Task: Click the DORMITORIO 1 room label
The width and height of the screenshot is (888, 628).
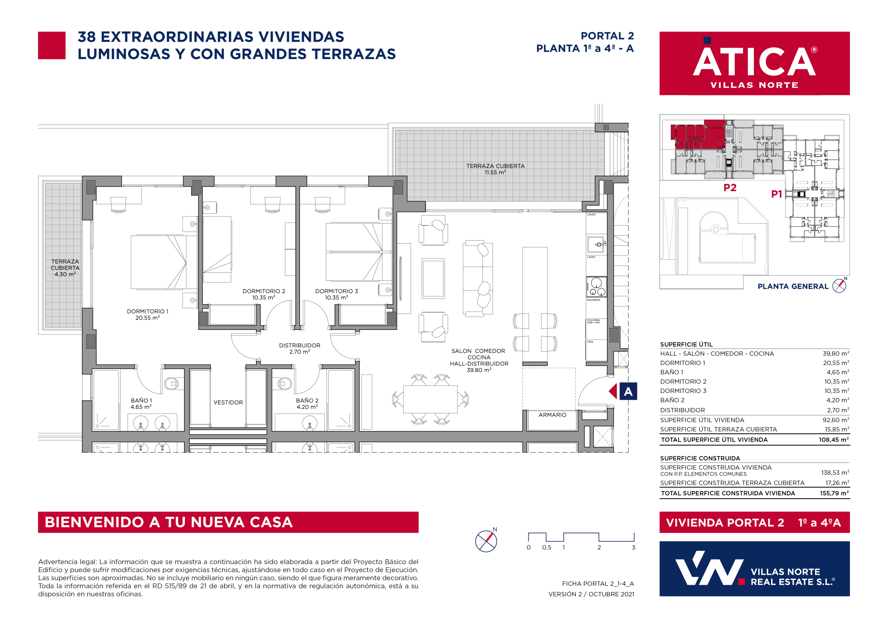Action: (147, 314)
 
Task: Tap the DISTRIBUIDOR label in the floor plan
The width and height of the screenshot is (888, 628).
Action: (299, 348)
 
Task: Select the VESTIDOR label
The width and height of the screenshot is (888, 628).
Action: (228, 402)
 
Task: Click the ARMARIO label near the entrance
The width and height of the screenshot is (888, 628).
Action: (552, 415)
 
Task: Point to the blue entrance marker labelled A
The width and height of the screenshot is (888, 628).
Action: (628, 392)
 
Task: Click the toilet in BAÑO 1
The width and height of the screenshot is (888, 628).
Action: (172, 384)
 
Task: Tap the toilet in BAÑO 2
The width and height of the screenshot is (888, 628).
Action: (285, 384)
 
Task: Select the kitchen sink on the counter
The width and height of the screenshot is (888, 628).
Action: (596, 245)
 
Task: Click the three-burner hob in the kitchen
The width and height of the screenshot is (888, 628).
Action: (596, 287)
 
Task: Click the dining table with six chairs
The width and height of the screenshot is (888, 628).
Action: (430, 399)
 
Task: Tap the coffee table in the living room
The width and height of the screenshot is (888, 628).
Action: (433, 278)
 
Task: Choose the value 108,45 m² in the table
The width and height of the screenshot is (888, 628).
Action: (834, 440)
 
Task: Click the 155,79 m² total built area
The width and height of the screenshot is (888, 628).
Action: (834, 493)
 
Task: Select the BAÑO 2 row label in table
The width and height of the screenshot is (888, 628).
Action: (672, 400)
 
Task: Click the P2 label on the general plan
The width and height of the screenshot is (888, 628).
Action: (730, 188)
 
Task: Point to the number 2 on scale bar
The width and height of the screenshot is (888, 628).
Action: (599, 548)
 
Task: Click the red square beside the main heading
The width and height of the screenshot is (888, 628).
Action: (52, 45)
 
